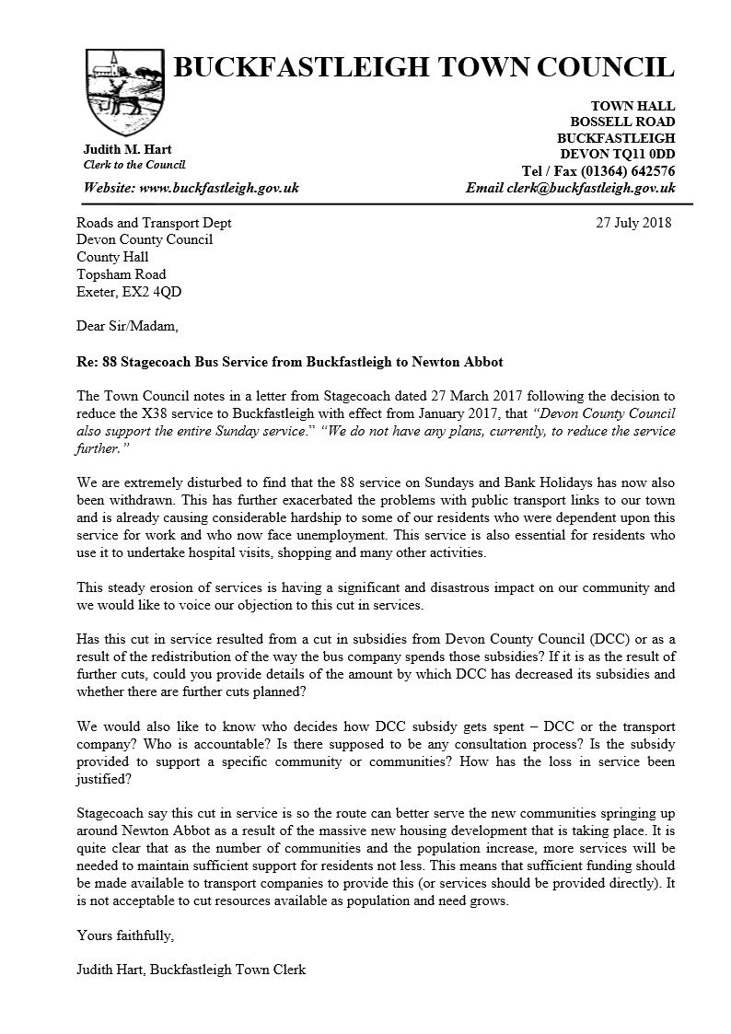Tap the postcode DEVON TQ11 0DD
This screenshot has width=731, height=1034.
[618, 154]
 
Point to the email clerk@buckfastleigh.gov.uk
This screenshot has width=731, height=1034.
[590, 188]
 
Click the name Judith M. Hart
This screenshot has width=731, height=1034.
[127, 149]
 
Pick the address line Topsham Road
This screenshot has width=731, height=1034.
[122, 274]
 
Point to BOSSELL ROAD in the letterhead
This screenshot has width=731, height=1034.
[622, 122]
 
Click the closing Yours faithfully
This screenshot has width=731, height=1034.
[124, 935]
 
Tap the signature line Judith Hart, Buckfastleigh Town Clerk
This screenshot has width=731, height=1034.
[191, 970]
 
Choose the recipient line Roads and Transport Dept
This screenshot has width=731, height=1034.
[154, 223]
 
